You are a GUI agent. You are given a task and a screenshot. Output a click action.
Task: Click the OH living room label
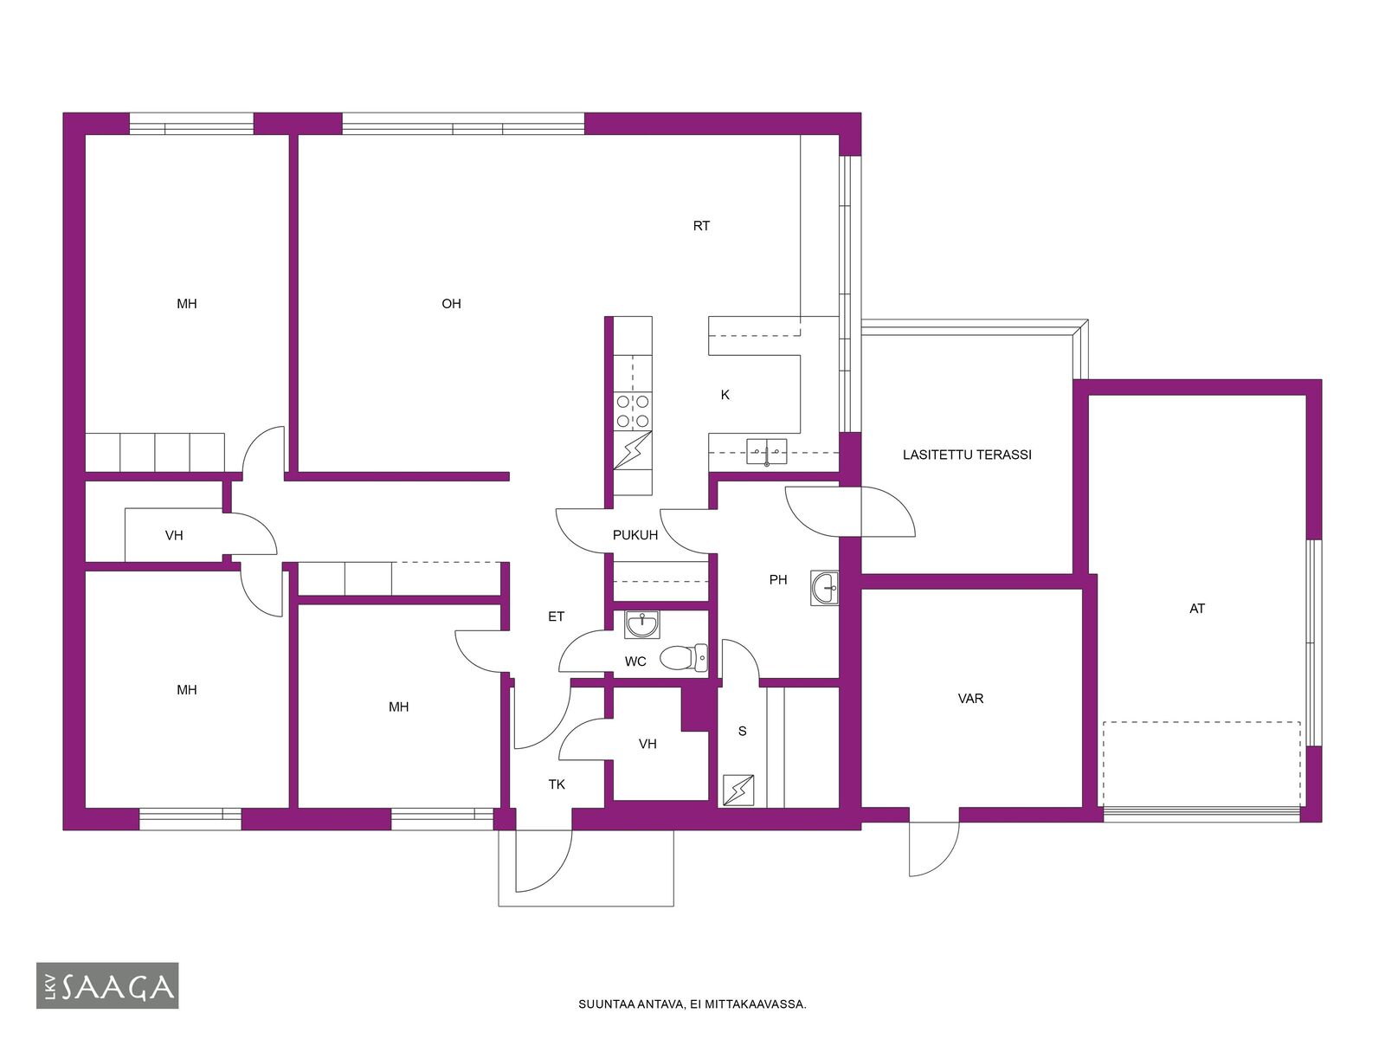pos(451,304)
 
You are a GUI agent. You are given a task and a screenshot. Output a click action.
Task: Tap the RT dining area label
pos(701,226)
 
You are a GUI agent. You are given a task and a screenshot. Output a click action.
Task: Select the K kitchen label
pos(725,395)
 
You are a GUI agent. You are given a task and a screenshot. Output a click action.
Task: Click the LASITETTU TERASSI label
pos(967,455)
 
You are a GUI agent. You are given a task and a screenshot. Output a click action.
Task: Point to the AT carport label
pos(1197,609)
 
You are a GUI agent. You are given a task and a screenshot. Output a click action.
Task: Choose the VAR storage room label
pos(970,699)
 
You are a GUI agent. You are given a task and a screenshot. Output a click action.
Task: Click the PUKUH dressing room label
pos(635,535)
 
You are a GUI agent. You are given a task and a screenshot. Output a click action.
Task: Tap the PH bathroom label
pos(778,580)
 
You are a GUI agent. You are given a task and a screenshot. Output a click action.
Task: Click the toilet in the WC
pos(683,657)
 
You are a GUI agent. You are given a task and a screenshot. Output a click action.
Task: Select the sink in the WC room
pos(641,624)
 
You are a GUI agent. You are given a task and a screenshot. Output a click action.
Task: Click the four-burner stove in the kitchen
pos(633,410)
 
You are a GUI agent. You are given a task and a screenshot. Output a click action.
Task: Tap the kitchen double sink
pos(767,452)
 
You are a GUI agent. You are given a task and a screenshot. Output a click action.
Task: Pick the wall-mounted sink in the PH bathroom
pos(825,588)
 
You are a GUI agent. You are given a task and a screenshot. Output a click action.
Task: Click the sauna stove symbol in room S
pos(738,790)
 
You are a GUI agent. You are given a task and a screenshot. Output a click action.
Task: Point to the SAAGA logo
pos(107,985)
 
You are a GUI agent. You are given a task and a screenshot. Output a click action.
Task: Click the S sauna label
pos(742,731)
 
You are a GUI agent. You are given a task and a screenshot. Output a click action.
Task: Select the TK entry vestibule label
pos(557,784)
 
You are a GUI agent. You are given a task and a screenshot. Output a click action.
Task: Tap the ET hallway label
pos(556,616)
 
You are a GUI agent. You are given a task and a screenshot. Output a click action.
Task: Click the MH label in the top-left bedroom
pos(187,304)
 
